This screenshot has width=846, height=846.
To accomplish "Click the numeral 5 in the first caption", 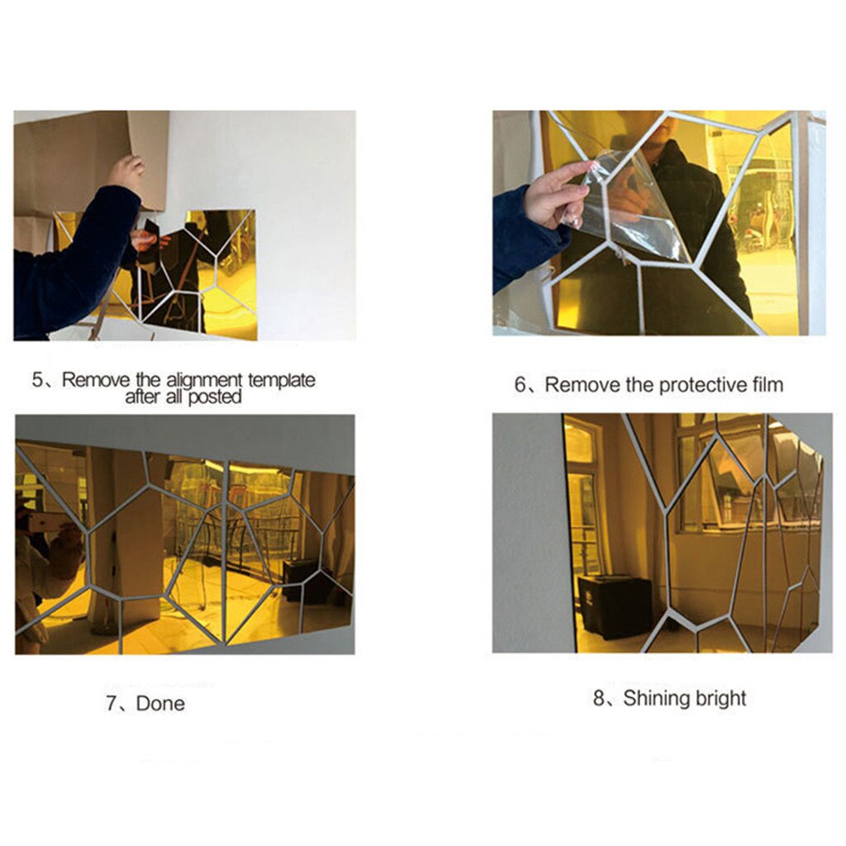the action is [36, 379].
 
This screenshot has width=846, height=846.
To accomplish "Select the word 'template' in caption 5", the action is [281, 380].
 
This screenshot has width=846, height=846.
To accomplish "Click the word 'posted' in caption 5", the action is [215, 397].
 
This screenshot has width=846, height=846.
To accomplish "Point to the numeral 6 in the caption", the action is [520, 385].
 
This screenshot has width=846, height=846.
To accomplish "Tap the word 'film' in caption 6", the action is [768, 384].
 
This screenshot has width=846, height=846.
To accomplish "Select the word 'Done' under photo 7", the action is [160, 704].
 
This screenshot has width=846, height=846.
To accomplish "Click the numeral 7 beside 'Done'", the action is [112, 704].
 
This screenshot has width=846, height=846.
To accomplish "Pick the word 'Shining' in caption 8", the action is [654, 698].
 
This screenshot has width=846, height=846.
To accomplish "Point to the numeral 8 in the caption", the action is [598, 698].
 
